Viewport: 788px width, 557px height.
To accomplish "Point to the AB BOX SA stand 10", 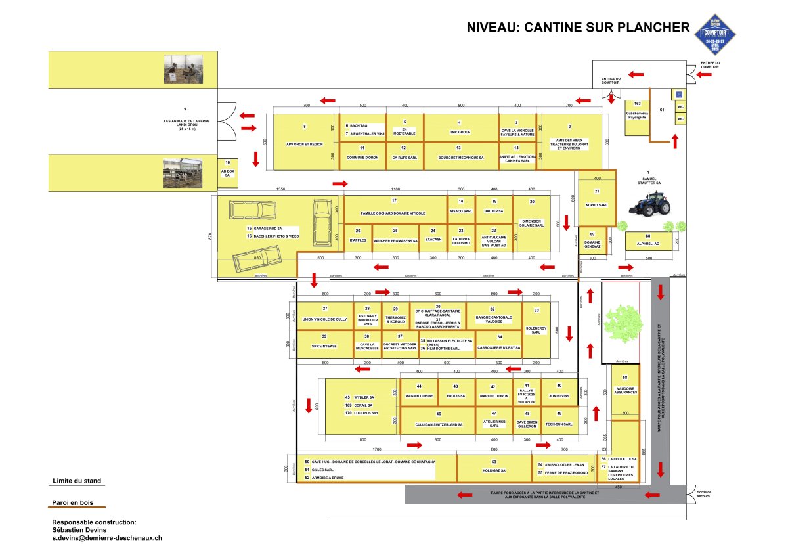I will point(227,170).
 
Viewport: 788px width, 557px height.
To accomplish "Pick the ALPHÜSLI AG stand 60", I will point(647,241).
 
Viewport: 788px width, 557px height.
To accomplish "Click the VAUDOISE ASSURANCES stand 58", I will point(625,388).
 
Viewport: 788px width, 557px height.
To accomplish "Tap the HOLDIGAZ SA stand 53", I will point(493,468).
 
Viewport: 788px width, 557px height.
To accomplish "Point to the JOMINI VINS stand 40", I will point(559,392).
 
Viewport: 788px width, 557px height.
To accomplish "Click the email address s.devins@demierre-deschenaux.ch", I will point(107,537).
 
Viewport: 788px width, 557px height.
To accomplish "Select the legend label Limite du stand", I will point(77,481).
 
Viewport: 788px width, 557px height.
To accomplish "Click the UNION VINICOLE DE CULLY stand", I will point(324,315).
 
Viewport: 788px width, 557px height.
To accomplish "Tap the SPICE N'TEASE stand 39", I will point(324,342).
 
